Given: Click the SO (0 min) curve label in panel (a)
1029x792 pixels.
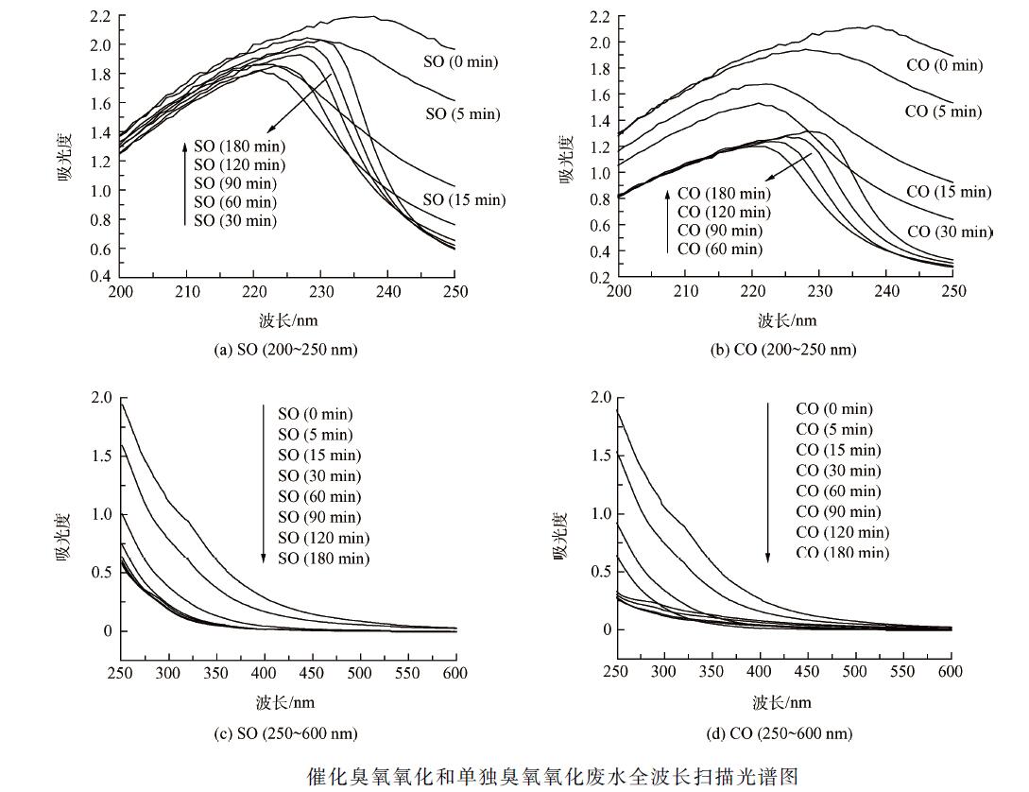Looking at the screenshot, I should point(460,62).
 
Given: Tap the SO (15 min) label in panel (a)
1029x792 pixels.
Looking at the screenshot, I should point(464,199).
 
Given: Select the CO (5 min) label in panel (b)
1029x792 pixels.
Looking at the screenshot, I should point(942,111).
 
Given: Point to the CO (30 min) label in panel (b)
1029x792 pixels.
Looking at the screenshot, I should point(949,232).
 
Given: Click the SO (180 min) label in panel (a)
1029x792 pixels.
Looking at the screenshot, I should point(239,146).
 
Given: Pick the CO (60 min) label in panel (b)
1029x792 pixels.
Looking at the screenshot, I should point(719,249).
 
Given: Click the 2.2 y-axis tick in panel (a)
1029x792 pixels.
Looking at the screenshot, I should point(100,16).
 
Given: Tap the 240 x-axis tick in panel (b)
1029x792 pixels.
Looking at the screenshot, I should point(886,291).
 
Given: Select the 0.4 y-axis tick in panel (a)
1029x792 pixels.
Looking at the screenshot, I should point(100,276).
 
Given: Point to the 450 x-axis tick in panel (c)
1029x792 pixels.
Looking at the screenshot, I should point(407,673).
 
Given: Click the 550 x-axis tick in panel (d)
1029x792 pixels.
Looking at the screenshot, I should point(902,671).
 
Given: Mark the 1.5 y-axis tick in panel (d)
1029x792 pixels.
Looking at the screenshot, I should point(601,456).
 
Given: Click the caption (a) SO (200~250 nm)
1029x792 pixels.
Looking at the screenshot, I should point(286,350).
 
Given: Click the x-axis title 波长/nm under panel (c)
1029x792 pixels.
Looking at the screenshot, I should point(285,702).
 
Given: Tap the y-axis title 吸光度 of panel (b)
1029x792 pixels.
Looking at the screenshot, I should point(568,159).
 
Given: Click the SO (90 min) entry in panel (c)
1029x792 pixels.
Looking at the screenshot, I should point(319,517).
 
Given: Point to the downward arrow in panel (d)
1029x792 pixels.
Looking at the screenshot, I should point(768,482).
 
